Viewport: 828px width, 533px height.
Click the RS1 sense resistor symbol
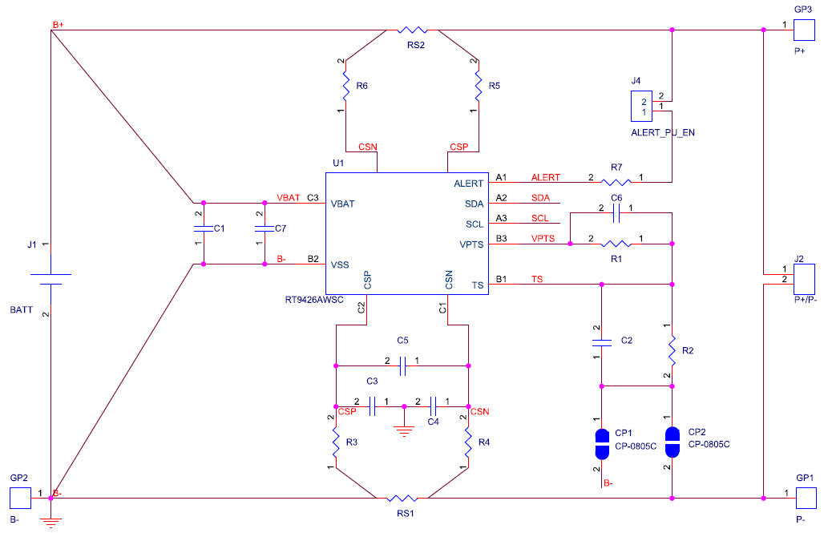tap(405, 499)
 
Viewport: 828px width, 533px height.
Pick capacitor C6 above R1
tap(616, 213)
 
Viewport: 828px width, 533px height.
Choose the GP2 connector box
tap(18, 498)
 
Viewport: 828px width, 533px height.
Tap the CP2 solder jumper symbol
tap(672, 441)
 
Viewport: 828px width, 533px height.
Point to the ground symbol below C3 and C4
tap(406, 430)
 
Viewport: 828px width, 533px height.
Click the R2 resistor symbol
tap(672, 349)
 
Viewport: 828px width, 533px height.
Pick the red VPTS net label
tap(543, 239)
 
